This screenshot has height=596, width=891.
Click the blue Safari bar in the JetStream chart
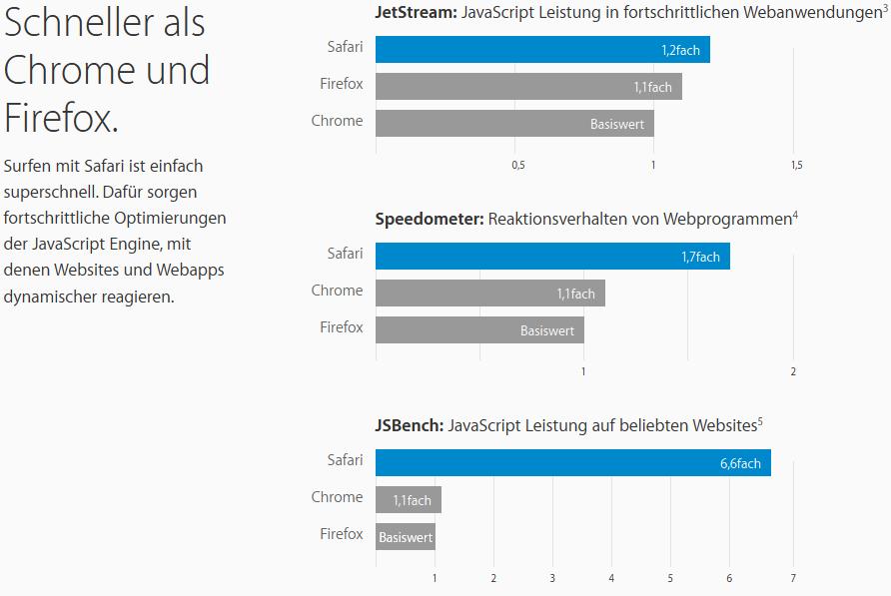click(x=542, y=49)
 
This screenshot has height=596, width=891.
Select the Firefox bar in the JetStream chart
click(x=528, y=86)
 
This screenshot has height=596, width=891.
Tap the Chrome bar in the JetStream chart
click(x=514, y=123)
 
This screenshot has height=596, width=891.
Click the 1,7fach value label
click(x=700, y=257)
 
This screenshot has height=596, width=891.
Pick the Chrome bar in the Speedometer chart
click(x=489, y=293)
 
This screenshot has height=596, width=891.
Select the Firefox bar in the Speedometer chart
click(x=479, y=329)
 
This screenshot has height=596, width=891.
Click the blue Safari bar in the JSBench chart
click(x=572, y=462)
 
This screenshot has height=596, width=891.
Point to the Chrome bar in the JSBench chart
click(x=408, y=499)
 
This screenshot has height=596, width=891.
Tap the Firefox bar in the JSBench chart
click(x=405, y=536)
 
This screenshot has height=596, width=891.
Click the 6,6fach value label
click(x=740, y=463)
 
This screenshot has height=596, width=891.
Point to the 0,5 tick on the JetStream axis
click(x=517, y=166)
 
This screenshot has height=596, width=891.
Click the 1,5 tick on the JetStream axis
click(x=795, y=166)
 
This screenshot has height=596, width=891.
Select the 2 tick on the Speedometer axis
click(x=793, y=372)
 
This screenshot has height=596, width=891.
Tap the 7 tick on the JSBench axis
click(x=792, y=579)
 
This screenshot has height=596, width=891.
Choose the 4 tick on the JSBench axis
click(x=611, y=579)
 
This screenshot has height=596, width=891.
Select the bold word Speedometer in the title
click(x=430, y=219)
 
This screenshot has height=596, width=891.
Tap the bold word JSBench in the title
click(x=410, y=425)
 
